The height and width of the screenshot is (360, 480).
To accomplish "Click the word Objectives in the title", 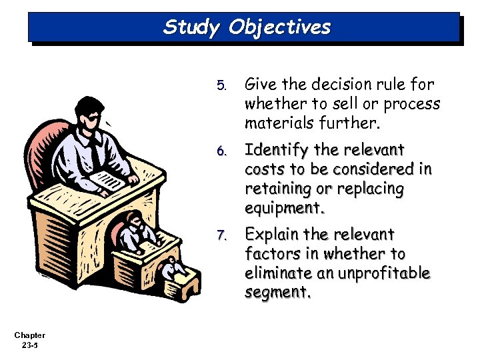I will [279, 27].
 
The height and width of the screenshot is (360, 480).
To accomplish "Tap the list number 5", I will [222, 86].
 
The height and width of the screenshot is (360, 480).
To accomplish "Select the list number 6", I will [222, 150].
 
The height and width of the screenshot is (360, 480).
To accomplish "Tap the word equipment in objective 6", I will [283, 208].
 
